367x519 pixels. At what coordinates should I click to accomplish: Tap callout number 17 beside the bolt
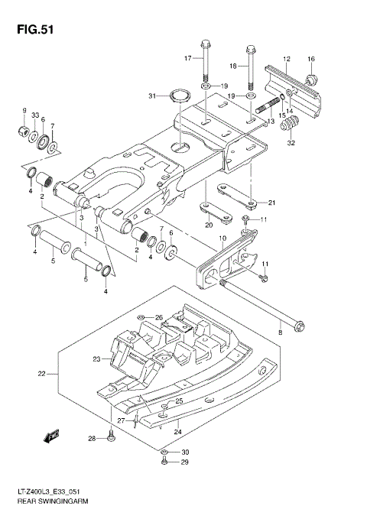click(x=187, y=59)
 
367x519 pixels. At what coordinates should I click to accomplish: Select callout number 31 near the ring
click(x=152, y=96)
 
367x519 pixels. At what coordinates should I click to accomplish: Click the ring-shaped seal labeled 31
click(x=180, y=96)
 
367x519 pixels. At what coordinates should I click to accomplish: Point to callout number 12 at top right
click(x=286, y=59)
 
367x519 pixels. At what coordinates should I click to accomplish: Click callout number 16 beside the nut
click(x=311, y=59)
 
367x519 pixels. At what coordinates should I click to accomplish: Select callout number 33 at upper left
click(x=35, y=114)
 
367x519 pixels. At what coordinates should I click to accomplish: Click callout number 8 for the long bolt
click(x=279, y=332)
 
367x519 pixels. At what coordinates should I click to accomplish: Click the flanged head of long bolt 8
click(x=301, y=328)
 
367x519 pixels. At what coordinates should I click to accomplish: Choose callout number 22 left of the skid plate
click(x=43, y=374)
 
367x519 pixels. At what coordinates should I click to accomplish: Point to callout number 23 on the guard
click(x=97, y=358)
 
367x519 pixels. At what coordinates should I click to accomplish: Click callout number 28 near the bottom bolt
click(x=91, y=439)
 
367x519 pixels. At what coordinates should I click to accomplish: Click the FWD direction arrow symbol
click(x=52, y=436)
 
